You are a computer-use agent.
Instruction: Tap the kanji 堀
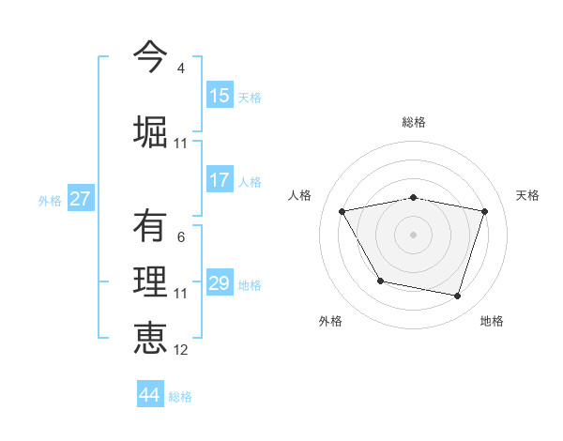tap(150, 130)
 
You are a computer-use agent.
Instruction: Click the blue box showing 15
tap(220, 96)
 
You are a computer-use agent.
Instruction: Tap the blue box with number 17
tap(220, 180)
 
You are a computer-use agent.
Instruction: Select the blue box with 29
tap(220, 283)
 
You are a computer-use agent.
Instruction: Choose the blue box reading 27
tap(80, 199)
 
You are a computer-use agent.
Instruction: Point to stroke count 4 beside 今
tap(180, 68)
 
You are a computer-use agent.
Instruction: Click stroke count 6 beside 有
tap(180, 237)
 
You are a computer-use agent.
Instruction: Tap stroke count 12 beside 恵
tap(180, 350)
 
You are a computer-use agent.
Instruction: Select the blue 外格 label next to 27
tap(50, 200)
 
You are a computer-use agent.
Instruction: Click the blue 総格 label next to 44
tap(180, 397)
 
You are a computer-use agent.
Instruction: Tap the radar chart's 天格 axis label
tap(527, 195)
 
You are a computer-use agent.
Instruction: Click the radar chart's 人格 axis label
tap(299, 195)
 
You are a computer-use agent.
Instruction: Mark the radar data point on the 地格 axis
tap(457, 297)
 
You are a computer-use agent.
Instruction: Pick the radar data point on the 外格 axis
tap(380, 281)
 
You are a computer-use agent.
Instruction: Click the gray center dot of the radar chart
tap(413, 234)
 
